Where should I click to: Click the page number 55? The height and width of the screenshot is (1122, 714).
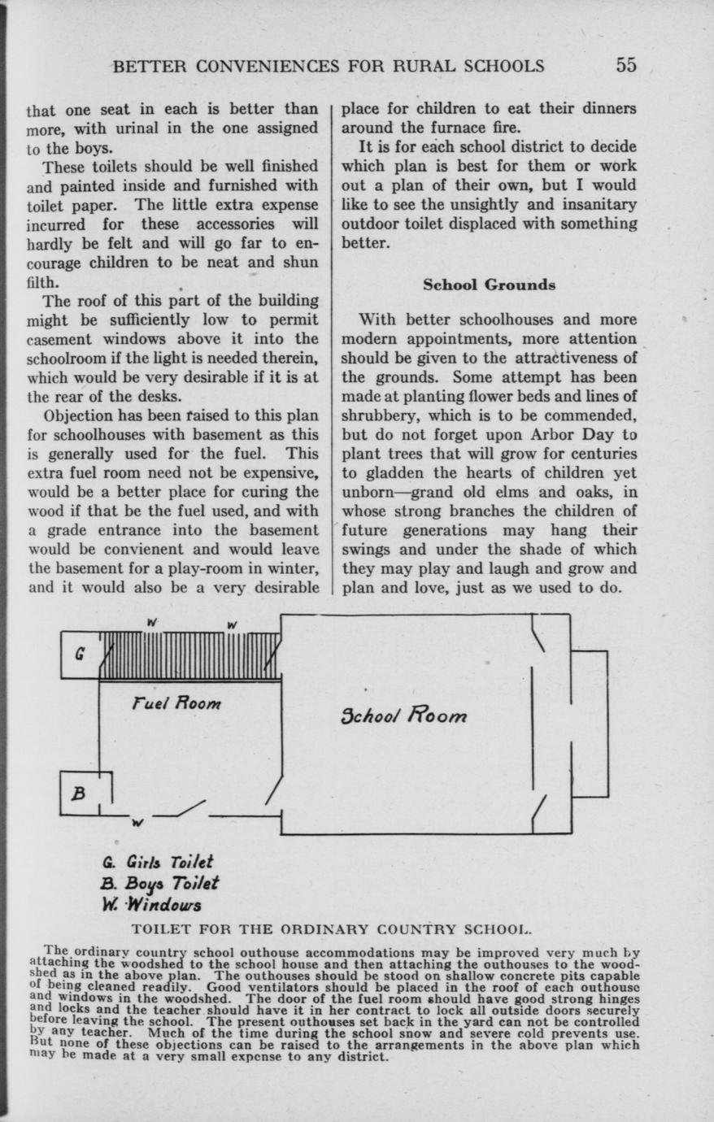pos(625,66)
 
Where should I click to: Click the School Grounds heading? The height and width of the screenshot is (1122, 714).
pos(489,285)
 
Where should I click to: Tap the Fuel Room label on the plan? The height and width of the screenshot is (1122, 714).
pos(176,702)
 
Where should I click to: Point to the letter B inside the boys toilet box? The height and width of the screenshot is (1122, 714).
pos(79,794)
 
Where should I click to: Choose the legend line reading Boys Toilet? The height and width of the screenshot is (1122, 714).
pos(159,883)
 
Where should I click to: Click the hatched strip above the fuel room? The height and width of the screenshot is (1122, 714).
pos(190,655)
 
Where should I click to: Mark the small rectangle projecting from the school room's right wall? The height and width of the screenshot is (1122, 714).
pos(589,724)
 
